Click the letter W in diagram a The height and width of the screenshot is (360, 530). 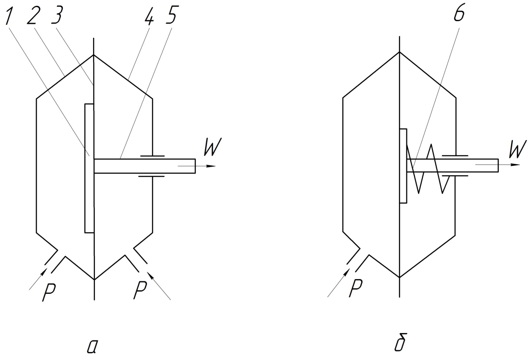pos(212,147)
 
